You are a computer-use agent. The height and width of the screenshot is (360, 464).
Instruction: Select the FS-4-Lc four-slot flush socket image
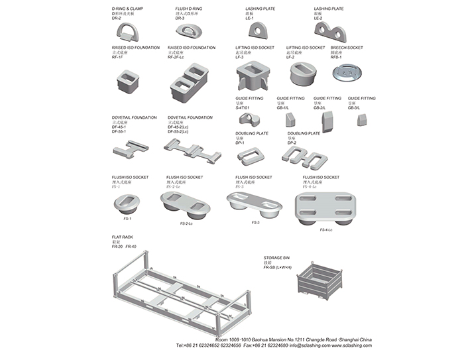pyautogui.click(x=325, y=207)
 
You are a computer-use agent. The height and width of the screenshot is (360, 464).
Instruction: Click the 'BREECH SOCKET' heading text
pyautogui.click(x=347, y=48)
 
